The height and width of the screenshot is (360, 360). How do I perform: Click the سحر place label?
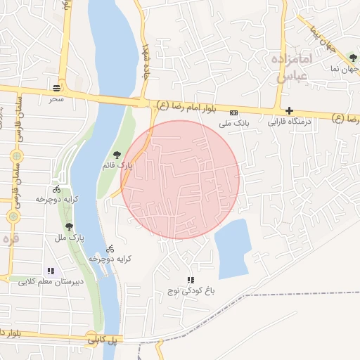(x=56, y=100)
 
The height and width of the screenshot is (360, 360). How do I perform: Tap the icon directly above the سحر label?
(x=56, y=89)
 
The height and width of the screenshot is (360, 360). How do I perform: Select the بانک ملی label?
(x=234, y=123)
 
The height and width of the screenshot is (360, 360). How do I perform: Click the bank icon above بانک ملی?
(x=234, y=112)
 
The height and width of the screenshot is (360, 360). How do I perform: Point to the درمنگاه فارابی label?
(x=289, y=122)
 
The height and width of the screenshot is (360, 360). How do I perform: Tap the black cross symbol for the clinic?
(x=289, y=110)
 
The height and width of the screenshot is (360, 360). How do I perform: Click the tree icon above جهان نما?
(x=352, y=58)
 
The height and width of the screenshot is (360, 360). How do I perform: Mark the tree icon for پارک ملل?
(x=70, y=226)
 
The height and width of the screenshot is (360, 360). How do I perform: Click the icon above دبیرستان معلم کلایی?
(x=50, y=271)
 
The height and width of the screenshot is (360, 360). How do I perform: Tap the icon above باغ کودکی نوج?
(x=190, y=280)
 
